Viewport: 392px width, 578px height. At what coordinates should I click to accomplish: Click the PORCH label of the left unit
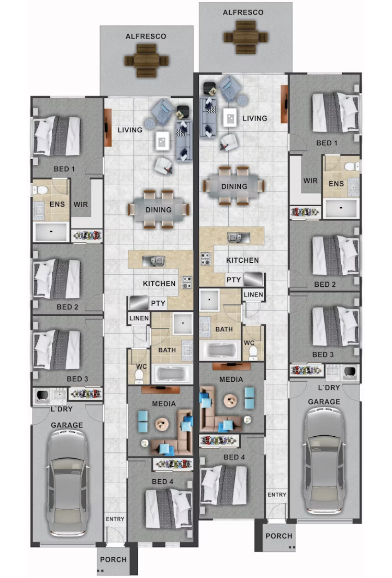(113, 560)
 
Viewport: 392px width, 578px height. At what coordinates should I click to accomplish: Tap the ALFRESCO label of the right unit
(243, 12)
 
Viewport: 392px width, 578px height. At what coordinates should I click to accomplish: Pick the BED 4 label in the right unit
(234, 457)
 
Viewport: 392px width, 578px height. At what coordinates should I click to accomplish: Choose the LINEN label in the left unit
(139, 318)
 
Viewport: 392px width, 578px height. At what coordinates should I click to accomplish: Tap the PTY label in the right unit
(233, 280)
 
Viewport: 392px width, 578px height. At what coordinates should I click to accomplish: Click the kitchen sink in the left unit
(154, 261)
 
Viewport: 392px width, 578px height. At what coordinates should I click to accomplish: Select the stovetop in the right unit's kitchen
(206, 259)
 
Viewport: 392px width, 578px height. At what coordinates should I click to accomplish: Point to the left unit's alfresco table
(146, 61)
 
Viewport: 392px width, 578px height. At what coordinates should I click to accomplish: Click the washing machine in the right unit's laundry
(350, 372)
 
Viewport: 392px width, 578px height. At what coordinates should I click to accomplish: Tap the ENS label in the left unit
(57, 204)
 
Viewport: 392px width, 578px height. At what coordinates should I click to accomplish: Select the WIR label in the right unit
(310, 181)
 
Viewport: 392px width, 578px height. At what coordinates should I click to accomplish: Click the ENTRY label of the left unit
(115, 519)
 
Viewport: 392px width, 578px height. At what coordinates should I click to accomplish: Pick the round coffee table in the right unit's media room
(230, 401)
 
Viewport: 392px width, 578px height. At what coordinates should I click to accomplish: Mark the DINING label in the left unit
(159, 210)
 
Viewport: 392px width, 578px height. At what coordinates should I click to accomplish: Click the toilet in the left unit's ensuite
(40, 190)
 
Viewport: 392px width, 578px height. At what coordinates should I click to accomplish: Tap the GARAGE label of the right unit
(324, 402)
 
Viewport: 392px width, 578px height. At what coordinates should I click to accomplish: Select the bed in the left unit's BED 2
(56, 279)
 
